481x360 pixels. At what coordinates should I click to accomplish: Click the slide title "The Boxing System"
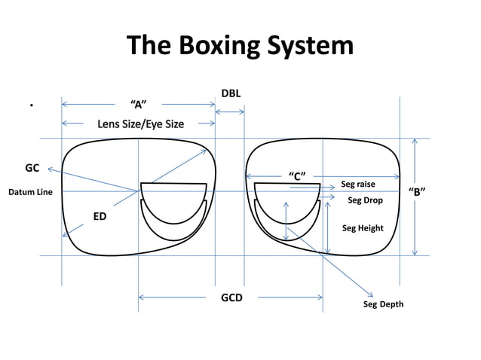[240, 46]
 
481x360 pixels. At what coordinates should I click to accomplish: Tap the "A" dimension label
[139, 104]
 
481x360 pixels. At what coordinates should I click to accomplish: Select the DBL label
[231, 93]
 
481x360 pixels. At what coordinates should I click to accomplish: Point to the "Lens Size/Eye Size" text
[140, 124]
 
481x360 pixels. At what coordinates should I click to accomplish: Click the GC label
[32, 168]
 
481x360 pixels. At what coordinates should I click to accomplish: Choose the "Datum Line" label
[30, 193]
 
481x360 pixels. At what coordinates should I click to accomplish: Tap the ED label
[100, 217]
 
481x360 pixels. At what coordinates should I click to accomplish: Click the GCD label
[231, 298]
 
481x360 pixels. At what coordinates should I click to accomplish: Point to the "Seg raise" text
[358, 184]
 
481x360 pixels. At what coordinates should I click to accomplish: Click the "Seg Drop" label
[365, 201]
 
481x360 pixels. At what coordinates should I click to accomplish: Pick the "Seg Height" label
[363, 228]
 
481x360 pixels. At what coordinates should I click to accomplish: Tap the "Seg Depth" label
[383, 304]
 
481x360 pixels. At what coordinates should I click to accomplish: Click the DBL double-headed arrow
[230, 112]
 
